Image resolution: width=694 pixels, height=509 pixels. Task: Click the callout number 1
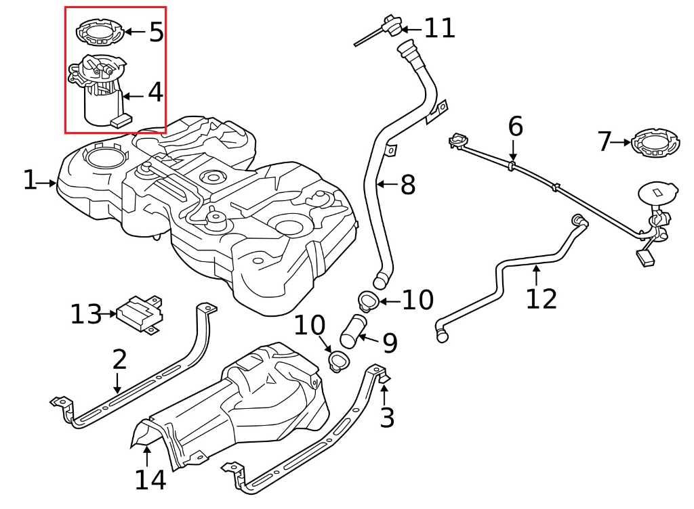(29, 181)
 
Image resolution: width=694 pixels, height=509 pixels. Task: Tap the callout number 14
(150, 480)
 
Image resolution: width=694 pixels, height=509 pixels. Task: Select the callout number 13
(86, 314)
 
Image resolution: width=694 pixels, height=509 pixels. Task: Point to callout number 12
(541, 298)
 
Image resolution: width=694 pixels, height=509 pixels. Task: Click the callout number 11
(440, 28)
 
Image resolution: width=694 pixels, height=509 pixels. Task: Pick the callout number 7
(605, 142)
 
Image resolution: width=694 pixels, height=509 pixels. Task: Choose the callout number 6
(516, 127)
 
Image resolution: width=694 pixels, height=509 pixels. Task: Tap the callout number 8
(407, 185)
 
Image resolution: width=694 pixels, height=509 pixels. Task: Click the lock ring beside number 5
(100, 31)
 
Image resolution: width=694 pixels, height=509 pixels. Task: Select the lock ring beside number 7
(656, 143)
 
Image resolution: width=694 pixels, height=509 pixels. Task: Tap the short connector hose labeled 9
(353, 331)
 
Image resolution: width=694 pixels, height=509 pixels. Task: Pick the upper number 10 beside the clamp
(417, 301)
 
